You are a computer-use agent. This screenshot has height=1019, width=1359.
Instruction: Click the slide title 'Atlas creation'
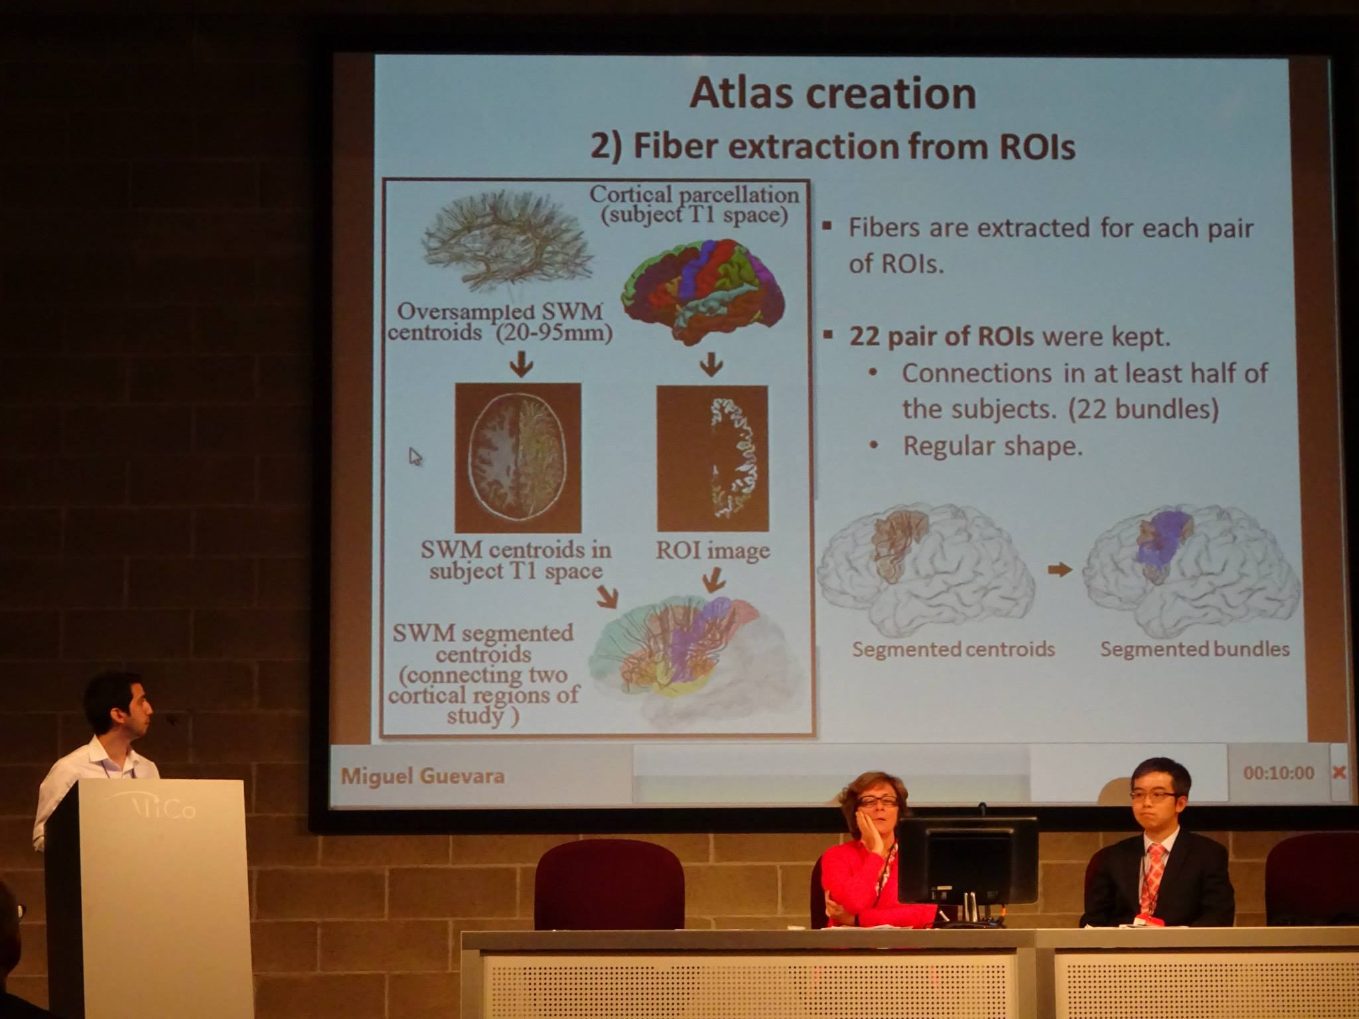[x=833, y=93]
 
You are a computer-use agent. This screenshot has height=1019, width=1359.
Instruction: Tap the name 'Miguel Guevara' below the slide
[x=423, y=775]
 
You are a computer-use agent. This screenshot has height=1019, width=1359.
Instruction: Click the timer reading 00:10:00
[x=1279, y=773]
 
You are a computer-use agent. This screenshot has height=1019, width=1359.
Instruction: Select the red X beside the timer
[x=1339, y=772]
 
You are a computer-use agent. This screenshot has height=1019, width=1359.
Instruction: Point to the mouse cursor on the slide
[x=415, y=457]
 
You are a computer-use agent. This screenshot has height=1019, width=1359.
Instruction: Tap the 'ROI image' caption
[x=713, y=551]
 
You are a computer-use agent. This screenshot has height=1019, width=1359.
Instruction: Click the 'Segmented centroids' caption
[x=954, y=649]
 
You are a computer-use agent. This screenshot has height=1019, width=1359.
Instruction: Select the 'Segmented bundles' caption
[x=1195, y=649]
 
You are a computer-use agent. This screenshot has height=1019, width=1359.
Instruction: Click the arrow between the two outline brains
[x=1060, y=569]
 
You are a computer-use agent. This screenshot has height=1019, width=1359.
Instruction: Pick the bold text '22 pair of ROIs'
[x=942, y=337]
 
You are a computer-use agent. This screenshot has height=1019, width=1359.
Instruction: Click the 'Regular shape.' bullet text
[x=992, y=446]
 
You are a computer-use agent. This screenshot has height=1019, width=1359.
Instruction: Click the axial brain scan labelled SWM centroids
[x=518, y=458]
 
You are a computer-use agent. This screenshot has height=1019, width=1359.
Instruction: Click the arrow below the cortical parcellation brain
[x=712, y=364]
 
